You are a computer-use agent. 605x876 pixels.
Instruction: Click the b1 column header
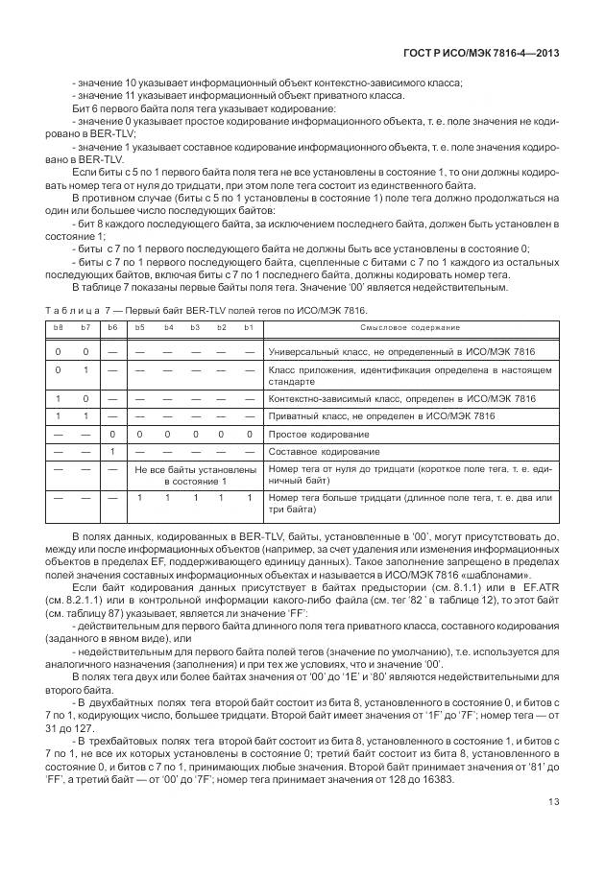(x=249, y=328)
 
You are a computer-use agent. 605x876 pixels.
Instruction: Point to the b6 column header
(x=112, y=328)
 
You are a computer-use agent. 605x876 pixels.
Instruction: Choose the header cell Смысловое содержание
(x=411, y=328)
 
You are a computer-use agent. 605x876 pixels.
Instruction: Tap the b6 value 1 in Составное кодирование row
(x=112, y=451)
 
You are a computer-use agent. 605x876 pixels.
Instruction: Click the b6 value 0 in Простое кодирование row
(x=112, y=434)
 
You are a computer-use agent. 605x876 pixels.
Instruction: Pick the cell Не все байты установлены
(x=194, y=469)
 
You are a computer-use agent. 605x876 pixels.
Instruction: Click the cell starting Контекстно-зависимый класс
(x=401, y=398)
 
